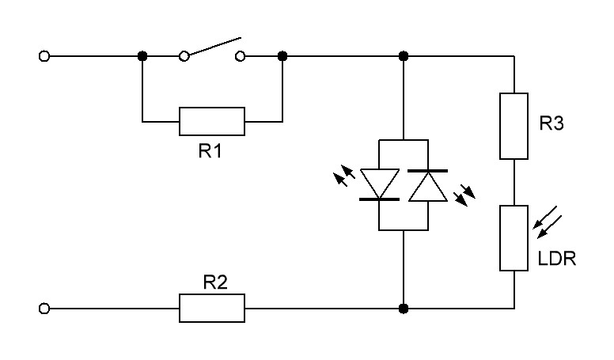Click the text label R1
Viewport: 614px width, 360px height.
210,151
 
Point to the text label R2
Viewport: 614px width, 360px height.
215,282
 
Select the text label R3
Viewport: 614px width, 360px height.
551,123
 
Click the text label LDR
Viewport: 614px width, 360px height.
557,259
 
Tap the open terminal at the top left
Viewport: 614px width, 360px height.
44,56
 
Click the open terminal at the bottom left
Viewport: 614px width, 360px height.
44,309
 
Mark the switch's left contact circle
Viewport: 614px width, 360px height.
184,56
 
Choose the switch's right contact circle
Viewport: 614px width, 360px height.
240,56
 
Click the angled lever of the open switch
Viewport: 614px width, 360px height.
215,46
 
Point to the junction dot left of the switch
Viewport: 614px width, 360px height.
142,56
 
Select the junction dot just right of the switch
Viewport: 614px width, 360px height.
282,56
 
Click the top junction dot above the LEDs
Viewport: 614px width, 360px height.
404,56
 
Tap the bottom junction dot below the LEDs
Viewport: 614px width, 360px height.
404,309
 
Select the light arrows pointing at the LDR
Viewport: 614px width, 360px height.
548,222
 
